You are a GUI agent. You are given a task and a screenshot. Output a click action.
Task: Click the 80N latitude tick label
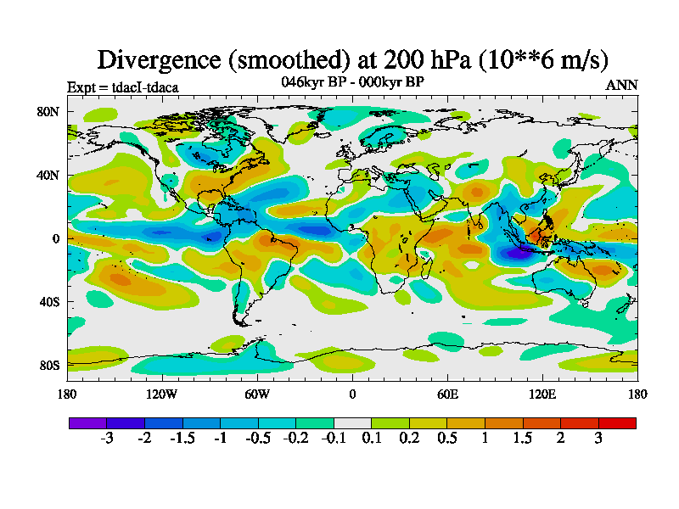[x=48, y=111]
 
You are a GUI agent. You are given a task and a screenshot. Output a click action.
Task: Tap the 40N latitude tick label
[x=48, y=175]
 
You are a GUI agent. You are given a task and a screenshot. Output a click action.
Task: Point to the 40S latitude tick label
[x=48, y=301]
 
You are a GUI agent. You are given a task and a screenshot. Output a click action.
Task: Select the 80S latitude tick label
[x=48, y=365]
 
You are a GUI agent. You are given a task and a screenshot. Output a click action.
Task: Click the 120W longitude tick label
[x=162, y=394]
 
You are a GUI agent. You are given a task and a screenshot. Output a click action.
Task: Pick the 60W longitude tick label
[x=257, y=394]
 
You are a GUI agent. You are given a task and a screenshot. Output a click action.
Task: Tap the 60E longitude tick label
[x=447, y=394]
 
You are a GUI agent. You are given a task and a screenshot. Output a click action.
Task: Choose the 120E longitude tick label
[x=542, y=394]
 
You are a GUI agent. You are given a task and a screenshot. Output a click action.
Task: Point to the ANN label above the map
[x=622, y=86]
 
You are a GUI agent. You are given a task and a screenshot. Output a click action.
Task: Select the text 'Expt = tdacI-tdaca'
[x=122, y=87]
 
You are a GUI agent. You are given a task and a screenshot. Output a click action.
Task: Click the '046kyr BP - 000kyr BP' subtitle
[x=352, y=82]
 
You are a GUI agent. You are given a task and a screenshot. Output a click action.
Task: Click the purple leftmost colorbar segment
[x=87, y=422]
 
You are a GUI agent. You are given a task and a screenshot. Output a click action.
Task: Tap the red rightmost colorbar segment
[x=617, y=422]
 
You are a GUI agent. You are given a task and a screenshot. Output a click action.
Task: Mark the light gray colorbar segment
[x=352, y=422]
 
